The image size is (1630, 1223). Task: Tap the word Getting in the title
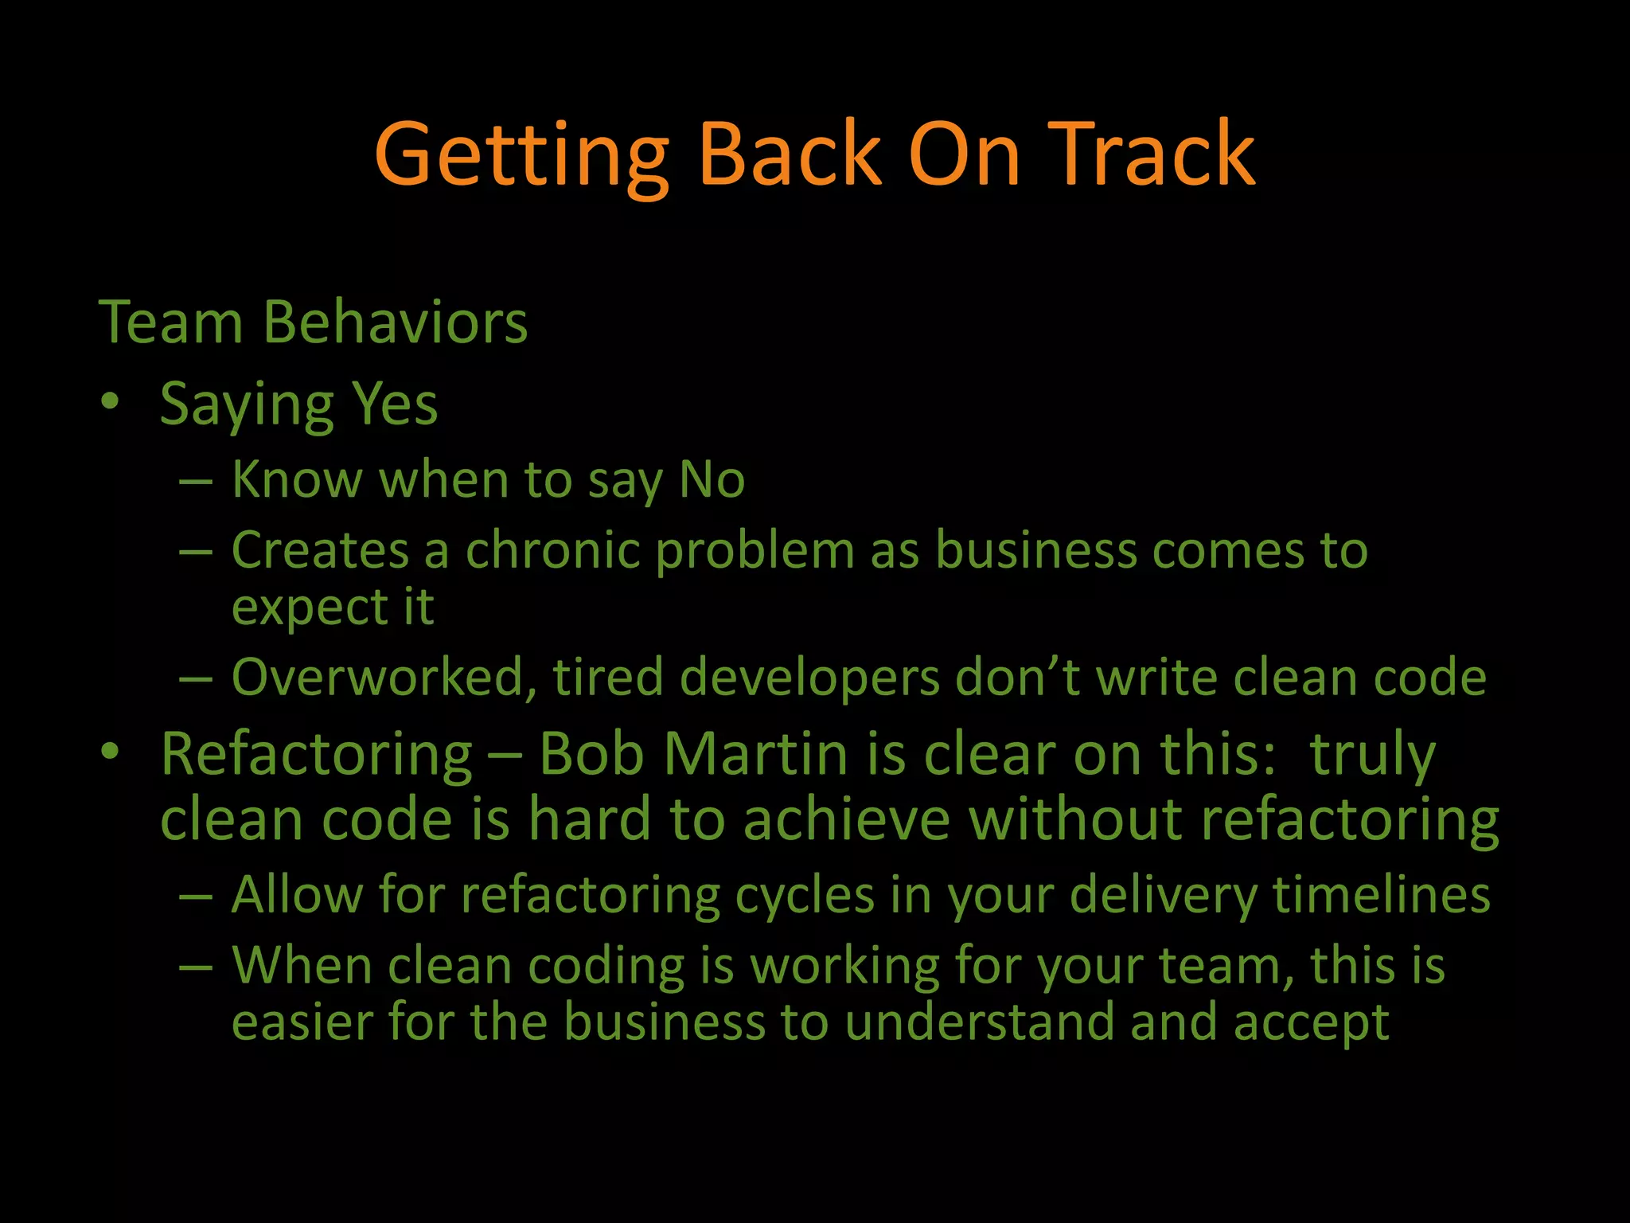click(x=521, y=155)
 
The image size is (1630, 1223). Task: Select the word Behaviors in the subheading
click(x=395, y=322)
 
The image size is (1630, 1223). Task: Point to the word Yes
click(x=395, y=404)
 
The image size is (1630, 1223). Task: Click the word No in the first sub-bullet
click(x=712, y=480)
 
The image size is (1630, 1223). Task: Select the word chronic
click(x=552, y=550)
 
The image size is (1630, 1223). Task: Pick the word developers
click(x=809, y=678)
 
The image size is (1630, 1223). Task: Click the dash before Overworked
click(x=196, y=679)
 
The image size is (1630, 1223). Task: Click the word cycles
click(x=805, y=895)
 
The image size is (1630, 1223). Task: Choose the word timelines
click(x=1381, y=895)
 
